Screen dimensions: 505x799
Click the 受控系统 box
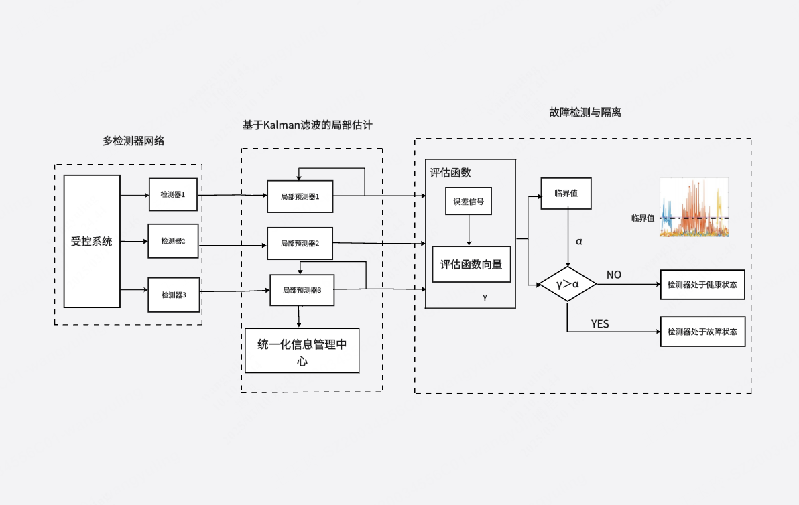coord(92,241)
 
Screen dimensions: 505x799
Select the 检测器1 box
coord(173,194)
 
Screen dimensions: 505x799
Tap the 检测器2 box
coord(173,241)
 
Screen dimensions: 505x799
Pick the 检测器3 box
coord(174,295)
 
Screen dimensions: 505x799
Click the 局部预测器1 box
coord(300,197)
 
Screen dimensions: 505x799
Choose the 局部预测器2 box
coord(300,244)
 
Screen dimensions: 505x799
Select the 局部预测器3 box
coord(302,291)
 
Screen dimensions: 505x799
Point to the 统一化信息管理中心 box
coord(302,350)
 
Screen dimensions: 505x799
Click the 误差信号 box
coord(469,201)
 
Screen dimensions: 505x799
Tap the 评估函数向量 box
coord(471,264)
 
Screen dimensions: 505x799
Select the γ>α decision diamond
coord(568,284)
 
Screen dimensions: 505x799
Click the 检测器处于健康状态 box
coord(702,285)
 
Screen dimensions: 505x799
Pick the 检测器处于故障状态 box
coord(702,332)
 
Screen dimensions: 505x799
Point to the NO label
coord(614,275)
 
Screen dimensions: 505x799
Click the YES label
coord(600,324)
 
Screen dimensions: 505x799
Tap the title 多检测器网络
coord(133,141)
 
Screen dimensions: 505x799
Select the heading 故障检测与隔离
coord(585,113)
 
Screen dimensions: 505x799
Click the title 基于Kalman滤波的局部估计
coord(307,125)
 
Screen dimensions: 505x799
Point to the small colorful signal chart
coord(694,208)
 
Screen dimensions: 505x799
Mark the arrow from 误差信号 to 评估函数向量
coord(469,230)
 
